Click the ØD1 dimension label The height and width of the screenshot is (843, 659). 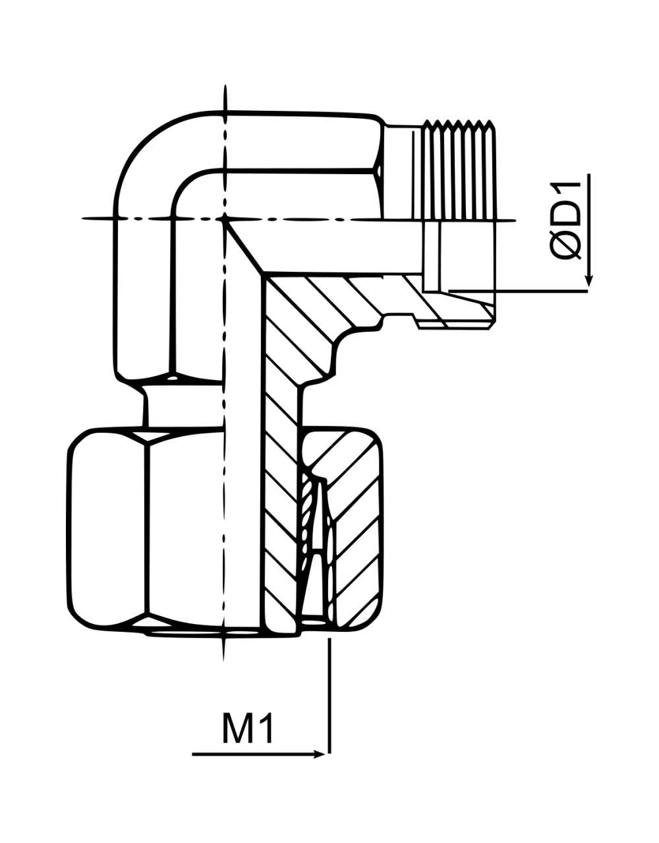click(x=566, y=220)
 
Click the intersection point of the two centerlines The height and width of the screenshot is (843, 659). click(x=225, y=219)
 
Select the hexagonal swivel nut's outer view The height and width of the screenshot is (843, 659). click(x=147, y=531)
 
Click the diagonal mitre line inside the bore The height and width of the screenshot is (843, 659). click(x=244, y=246)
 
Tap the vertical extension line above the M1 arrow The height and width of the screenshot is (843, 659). click(x=329, y=694)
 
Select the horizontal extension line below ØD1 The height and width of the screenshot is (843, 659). click(x=518, y=291)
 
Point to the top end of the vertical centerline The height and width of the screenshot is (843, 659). click(x=225, y=85)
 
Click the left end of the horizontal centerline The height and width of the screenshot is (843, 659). click(x=82, y=219)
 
